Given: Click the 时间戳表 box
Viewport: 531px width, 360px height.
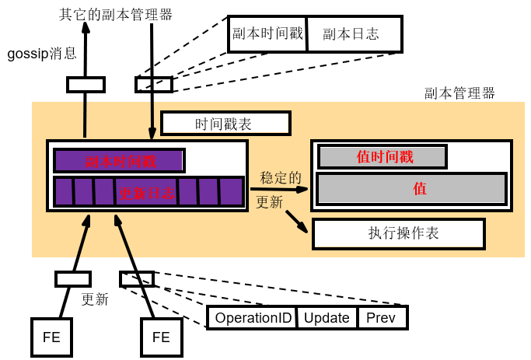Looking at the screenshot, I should pyautogui.click(x=225, y=124).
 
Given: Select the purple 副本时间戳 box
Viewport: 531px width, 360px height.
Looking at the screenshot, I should pyautogui.click(x=119, y=161).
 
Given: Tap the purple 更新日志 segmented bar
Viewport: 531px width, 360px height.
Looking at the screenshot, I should pyautogui.click(x=148, y=191).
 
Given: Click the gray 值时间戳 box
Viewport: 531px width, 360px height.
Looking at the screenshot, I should pyautogui.click(x=383, y=157).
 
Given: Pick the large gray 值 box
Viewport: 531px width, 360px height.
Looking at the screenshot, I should pyautogui.click(x=411, y=189).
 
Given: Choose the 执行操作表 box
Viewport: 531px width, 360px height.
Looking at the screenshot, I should pyautogui.click(x=398, y=234).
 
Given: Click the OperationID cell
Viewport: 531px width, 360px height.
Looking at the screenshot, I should pyautogui.click(x=253, y=318).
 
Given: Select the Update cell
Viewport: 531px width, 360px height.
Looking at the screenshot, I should pyautogui.click(x=327, y=318).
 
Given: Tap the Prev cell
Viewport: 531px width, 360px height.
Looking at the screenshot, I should pyautogui.click(x=381, y=318).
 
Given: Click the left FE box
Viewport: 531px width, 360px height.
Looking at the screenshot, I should pyautogui.click(x=52, y=337).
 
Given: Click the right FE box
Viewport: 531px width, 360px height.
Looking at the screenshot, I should pyautogui.click(x=161, y=337).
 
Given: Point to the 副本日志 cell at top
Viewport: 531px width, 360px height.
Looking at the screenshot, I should pyautogui.click(x=355, y=34).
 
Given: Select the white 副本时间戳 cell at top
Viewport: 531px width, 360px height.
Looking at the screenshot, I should pyautogui.click(x=268, y=34).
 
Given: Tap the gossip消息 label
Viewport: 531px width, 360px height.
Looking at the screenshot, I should pyautogui.click(x=42, y=54).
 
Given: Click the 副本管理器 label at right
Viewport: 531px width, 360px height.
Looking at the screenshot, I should pyautogui.click(x=459, y=93).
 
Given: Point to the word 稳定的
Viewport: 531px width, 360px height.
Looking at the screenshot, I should pyautogui.click(x=281, y=177).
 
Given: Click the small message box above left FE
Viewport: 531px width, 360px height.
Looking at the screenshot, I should pyautogui.click(x=73, y=278).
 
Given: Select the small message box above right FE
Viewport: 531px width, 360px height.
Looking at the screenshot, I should pyautogui.click(x=136, y=278).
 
